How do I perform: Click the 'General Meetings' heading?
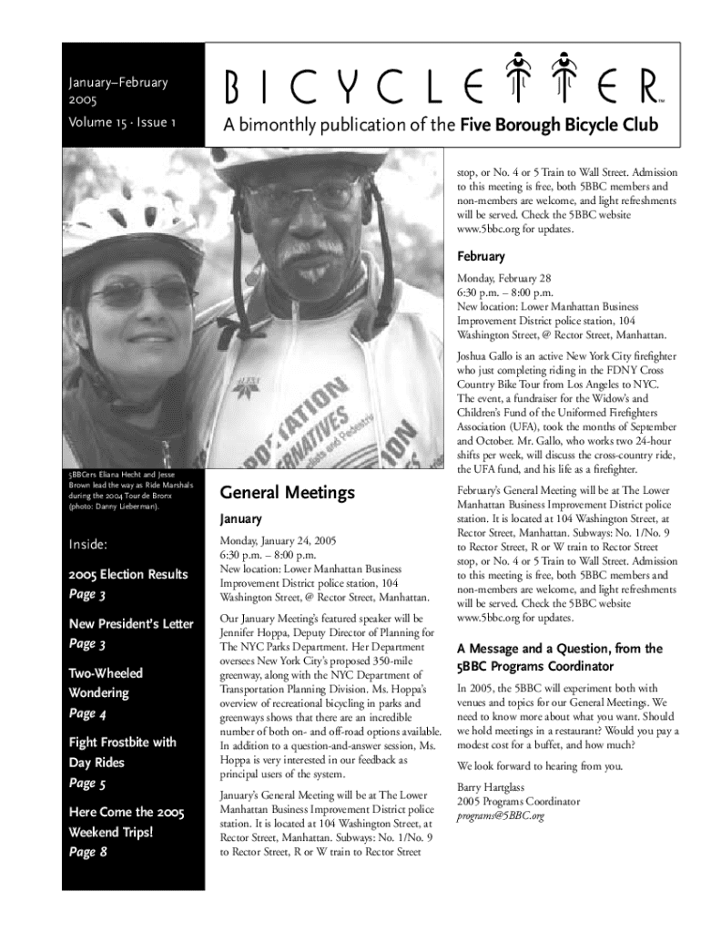coord(287,493)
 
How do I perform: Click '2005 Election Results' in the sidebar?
coord(127,574)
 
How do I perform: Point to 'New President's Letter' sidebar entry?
coord(131,624)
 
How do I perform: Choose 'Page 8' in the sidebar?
coord(88,853)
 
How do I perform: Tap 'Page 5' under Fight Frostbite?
coord(88,783)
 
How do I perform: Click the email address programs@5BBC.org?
coord(501,815)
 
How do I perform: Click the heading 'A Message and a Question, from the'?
coord(559,649)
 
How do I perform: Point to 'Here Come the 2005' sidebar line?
coord(127,812)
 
